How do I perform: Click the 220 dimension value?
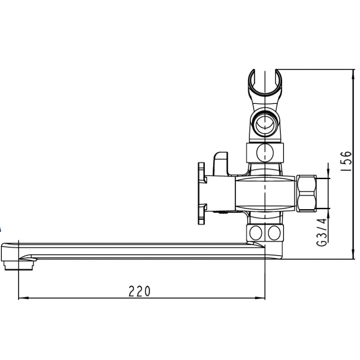pyautogui.click(x=139, y=291)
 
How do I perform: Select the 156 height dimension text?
pyautogui.click(x=346, y=161)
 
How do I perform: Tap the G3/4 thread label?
pyautogui.click(x=322, y=232)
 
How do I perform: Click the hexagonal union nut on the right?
pyautogui.click(x=306, y=193)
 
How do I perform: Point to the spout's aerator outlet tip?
pyautogui.click(x=18, y=265)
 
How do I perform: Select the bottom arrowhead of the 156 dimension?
pyautogui.click(x=353, y=254)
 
